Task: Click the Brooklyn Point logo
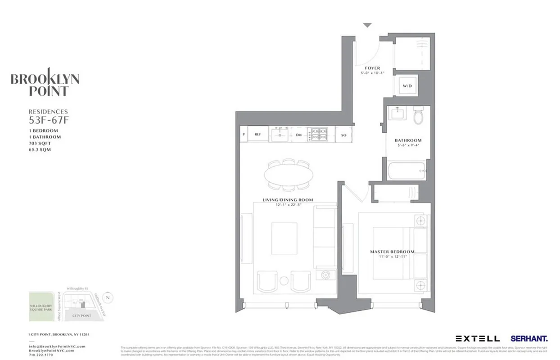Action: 45,85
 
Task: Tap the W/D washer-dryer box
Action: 407,85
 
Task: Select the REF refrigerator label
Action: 258,135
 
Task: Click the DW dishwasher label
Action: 298,135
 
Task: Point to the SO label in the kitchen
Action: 344,135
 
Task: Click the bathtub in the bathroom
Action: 406,171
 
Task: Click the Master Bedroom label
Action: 392,252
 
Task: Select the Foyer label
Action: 372,68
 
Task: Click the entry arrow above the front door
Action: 368,26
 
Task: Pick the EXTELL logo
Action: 477,338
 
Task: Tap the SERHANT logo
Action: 529,338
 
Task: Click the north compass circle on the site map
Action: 107,297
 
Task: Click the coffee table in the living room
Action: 284,238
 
